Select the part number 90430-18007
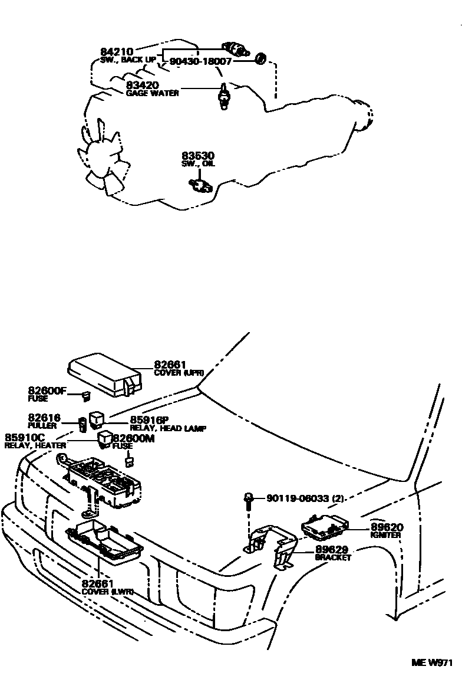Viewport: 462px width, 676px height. click(200, 61)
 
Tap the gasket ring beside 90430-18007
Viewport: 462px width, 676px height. click(259, 58)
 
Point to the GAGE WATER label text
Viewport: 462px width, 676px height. click(152, 93)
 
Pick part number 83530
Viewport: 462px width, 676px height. click(199, 156)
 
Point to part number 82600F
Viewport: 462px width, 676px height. click(48, 390)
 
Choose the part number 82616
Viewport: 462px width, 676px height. click(42, 418)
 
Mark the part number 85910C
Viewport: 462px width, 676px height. click(24, 438)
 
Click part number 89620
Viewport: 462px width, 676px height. click(387, 527)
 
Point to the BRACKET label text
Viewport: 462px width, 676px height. click(333, 557)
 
